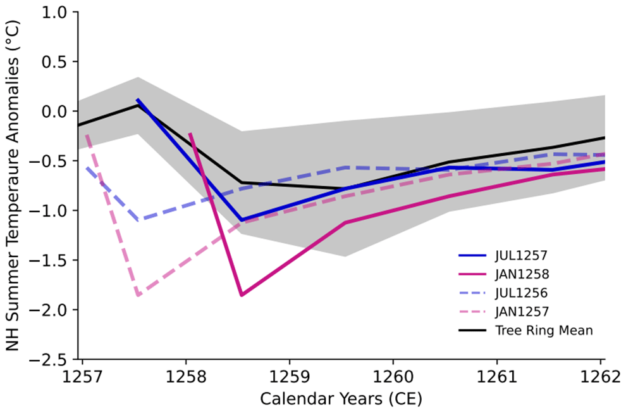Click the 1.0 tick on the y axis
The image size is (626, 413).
(56, 13)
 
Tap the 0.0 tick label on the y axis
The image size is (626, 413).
(56, 112)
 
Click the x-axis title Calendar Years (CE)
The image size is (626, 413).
(341, 399)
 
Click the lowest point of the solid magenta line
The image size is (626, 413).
(242, 295)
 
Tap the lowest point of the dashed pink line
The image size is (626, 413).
(138, 295)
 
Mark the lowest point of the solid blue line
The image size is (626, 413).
(242, 220)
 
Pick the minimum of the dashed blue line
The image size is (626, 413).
(138, 220)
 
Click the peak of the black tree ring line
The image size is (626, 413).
(138, 105)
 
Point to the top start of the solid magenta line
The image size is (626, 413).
(190, 134)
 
